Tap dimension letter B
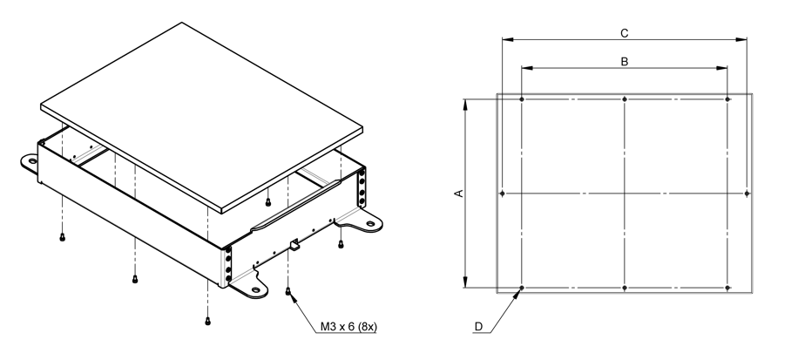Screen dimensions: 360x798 coord(624,62)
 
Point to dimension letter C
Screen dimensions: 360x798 coord(624,32)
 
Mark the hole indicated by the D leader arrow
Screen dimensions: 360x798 coord(521,288)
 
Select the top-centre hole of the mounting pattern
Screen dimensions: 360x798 coord(626,98)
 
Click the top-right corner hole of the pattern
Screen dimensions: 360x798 coord(728,98)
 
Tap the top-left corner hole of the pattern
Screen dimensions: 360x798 coord(521,98)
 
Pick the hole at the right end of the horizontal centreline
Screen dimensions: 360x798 coord(748,193)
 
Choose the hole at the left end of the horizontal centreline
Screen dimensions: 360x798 coord(503,193)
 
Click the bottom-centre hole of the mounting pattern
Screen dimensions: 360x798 coord(626,288)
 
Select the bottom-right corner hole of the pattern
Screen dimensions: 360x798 coord(728,288)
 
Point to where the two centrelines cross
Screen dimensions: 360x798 coord(626,193)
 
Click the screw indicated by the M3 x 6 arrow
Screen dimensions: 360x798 coord(287,291)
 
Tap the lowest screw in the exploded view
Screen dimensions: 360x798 coord(207,319)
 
